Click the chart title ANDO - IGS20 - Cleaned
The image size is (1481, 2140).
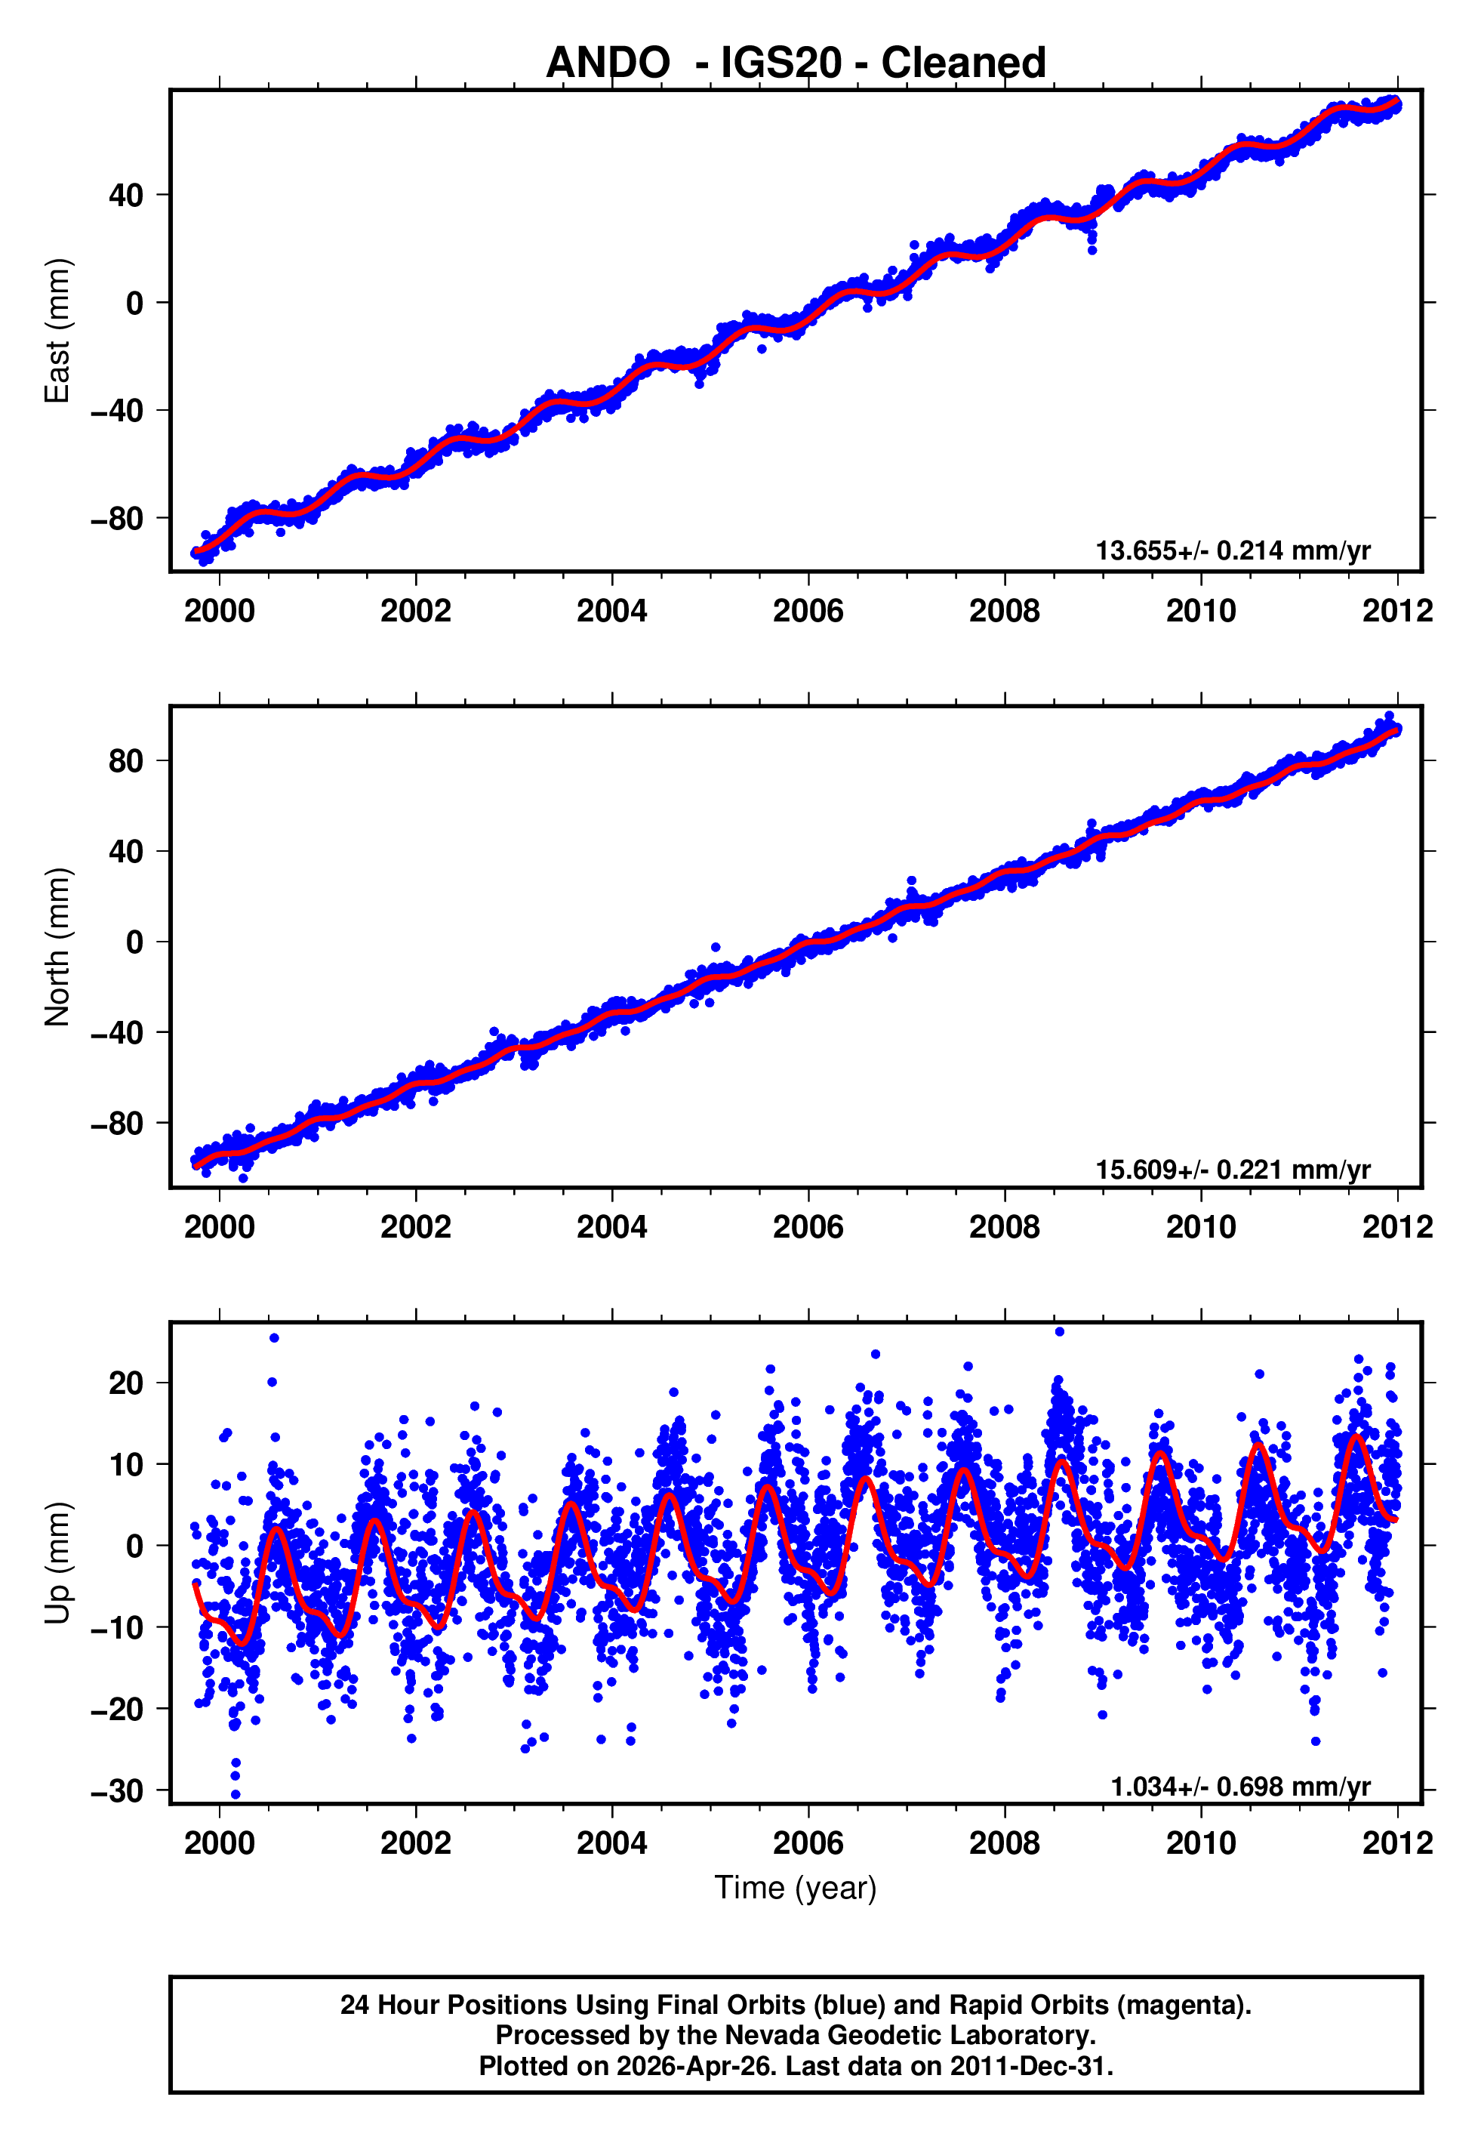796,63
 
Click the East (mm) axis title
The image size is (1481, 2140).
57,331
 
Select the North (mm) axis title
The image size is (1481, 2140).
57,947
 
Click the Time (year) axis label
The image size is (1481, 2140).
796,1889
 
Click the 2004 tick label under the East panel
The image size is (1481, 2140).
611,612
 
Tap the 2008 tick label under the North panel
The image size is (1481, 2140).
1004,1228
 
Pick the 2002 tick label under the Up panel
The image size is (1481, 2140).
415,1843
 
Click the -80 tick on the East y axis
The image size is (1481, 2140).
117,518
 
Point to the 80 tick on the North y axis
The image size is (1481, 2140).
126,761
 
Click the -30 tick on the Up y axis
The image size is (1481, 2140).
117,1791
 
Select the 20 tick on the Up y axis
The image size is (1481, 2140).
126,1383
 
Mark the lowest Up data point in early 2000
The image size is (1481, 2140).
235,1795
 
